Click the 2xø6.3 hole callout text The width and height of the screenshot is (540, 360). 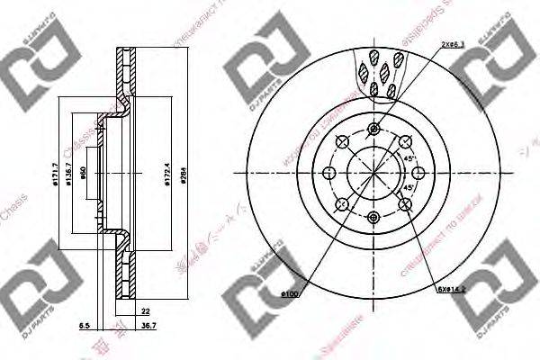(x=454, y=44)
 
